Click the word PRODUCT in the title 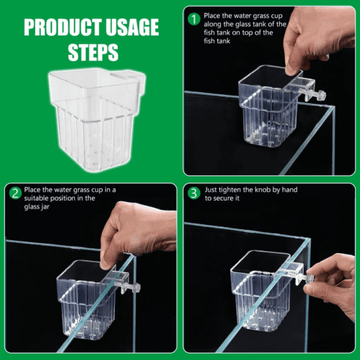(x=58, y=28)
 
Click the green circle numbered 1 (x=194, y=17)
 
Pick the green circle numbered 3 (x=194, y=193)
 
